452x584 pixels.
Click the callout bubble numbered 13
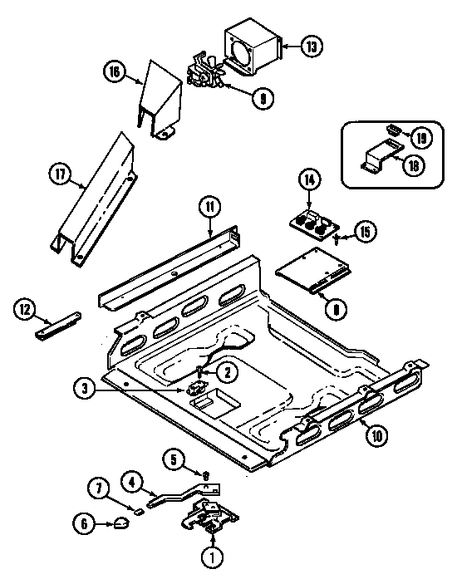click(x=312, y=47)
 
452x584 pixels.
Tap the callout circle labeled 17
click(x=57, y=174)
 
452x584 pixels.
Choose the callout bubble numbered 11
click(x=209, y=206)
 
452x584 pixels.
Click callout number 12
click(x=26, y=311)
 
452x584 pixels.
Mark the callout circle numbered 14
click(x=309, y=178)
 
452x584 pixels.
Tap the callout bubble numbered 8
click(x=336, y=310)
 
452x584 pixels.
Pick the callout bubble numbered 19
click(x=420, y=136)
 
